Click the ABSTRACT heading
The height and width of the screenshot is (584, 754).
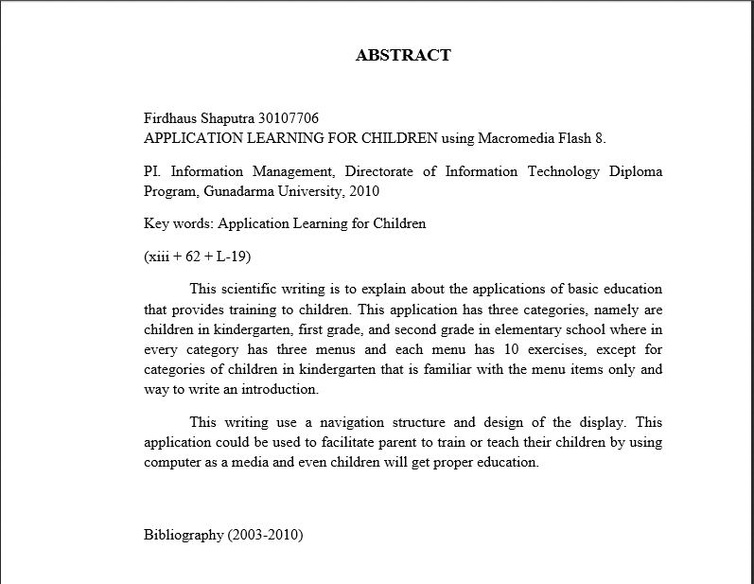403,55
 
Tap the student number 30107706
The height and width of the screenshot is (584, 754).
289,118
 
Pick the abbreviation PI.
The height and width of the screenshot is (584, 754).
151,171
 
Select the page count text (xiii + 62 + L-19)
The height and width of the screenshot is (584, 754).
197,257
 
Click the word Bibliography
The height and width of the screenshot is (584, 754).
184,535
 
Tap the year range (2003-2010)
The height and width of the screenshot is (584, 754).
265,535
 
